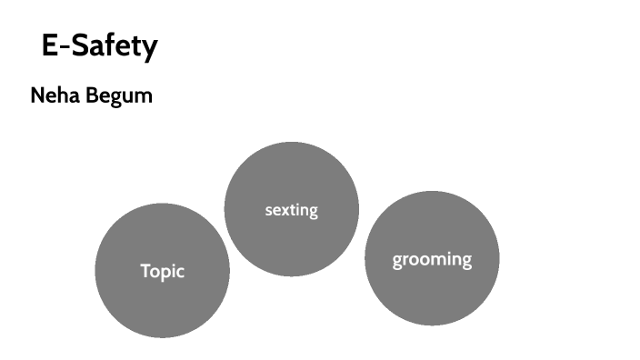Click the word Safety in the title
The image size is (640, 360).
pos(114,45)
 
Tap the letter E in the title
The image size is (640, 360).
pos(50,45)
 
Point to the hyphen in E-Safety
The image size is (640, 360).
pos(65,47)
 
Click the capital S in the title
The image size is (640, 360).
pos(79,45)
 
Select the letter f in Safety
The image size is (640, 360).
pos(109,45)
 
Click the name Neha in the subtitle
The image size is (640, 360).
pos(54,95)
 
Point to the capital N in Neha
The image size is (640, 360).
pos(37,95)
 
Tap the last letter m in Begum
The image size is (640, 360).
pos(144,97)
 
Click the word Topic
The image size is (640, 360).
pos(163,271)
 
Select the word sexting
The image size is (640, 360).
pos(291,210)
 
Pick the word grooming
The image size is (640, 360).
pos(432,260)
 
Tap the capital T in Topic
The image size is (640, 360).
pos(145,270)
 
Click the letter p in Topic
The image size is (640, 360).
pos(167,273)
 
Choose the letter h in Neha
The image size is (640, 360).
pos(64,95)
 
